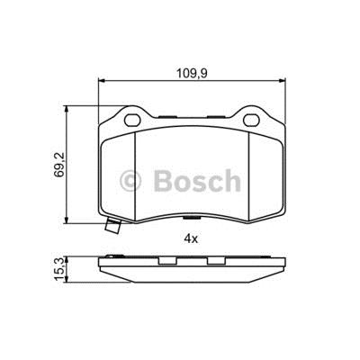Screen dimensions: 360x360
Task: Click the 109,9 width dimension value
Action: click(x=192, y=73)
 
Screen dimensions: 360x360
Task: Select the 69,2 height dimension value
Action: click(x=59, y=165)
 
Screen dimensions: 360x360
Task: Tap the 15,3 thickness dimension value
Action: click(x=59, y=269)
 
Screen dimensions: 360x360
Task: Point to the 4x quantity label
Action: click(x=192, y=238)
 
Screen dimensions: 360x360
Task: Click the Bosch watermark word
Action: click(x=197, y=181)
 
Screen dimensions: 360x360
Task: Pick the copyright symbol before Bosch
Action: click(x=130, y=181)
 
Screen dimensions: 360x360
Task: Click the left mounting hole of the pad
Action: click(x=132, y=121)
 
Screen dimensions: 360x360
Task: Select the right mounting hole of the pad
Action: click(x=251, y=121)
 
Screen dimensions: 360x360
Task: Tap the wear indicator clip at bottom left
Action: click(x=112, y=226)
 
